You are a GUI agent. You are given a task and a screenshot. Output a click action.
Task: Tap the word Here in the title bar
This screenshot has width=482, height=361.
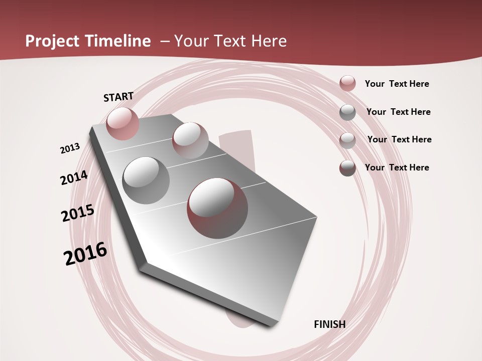[x=269, y=41]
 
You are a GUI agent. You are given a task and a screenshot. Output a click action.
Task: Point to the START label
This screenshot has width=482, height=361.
[x=118, y=97]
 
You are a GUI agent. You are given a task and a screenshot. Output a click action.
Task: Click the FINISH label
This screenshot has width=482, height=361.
[x=329, y=324]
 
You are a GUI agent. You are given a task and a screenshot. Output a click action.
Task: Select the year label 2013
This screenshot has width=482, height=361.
[x=70, y=148]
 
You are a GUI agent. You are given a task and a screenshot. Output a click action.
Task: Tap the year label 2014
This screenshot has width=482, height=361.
[x=74, y=178]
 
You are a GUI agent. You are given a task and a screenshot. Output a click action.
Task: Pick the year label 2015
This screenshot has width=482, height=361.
[x=77, y=213]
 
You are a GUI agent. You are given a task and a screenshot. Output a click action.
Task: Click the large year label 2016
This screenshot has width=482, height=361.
[x=85, y=254]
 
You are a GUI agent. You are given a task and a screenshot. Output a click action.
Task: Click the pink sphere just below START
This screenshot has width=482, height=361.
[x=123, y=123]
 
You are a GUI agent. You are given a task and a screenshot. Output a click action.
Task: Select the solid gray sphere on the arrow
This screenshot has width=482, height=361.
[x=146, y=180]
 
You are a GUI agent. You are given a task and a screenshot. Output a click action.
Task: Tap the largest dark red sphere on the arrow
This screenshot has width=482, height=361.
[x=217, y=208]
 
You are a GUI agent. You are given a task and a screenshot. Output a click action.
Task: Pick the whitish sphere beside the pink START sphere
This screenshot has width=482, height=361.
[x=190, y=140]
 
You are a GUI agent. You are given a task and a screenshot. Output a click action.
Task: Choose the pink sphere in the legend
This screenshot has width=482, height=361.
[x=347, y=84]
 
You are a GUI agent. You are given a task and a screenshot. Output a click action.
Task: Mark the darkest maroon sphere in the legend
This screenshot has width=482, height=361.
[x=347, y=168]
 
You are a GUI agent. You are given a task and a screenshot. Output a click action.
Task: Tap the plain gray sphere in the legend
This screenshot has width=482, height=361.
[x=347, y=112]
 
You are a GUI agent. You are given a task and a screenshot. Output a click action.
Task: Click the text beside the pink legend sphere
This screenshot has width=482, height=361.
[x=397, y=84]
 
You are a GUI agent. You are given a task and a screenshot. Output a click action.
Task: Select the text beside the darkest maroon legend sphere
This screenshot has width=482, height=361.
[x=397, y=167]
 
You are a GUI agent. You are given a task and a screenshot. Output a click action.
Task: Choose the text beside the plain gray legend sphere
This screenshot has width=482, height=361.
[x=398, y=112]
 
